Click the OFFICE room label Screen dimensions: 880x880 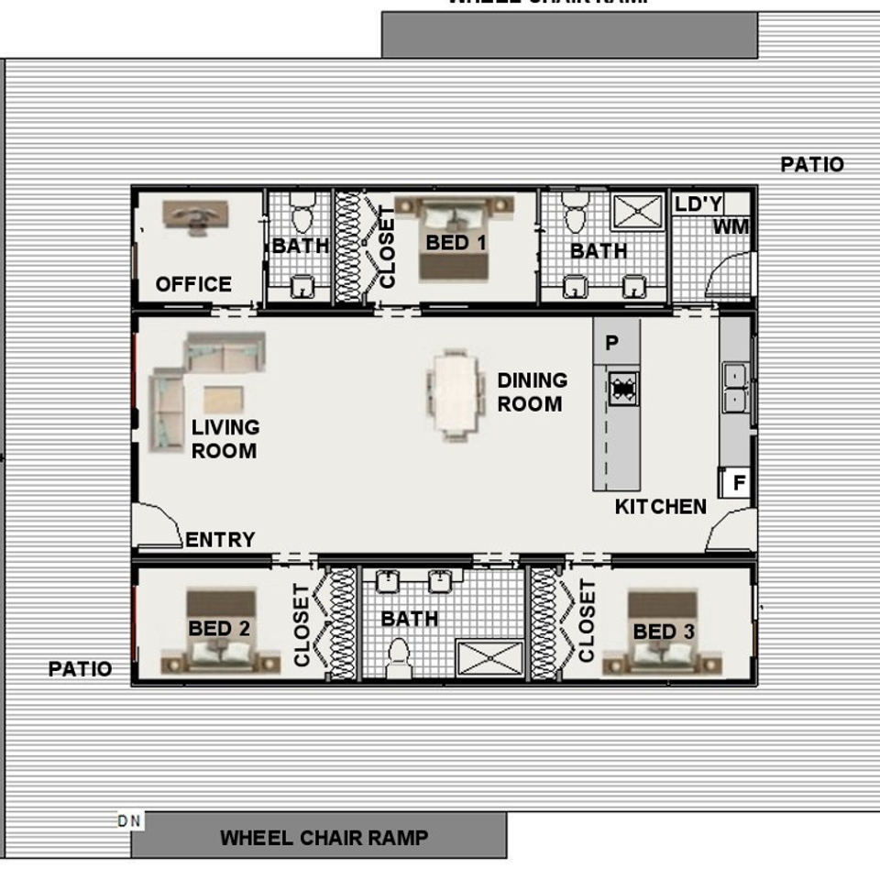[193, 284]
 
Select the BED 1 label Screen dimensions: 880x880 [456, 243]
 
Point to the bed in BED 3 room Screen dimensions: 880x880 [662, 632]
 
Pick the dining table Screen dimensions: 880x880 [456, 394]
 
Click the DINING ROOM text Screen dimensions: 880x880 [533, 391]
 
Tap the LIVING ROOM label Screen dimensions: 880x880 [225, 438]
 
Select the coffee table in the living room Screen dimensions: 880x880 [224, 400]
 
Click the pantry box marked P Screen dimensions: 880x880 [612, 343]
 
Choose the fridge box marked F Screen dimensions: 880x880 [739, 482]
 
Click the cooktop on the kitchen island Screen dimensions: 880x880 [623, 389]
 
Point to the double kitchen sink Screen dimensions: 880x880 [735, 388]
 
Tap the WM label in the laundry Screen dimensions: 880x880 [731, 226]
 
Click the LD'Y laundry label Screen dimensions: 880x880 [698, 203]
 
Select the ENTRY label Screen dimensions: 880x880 [220, 540]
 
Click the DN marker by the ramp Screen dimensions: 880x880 [130, 820]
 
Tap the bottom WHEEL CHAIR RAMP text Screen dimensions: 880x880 [324, 837]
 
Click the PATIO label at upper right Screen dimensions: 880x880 [812, 164]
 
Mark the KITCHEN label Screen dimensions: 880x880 [661, 506]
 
